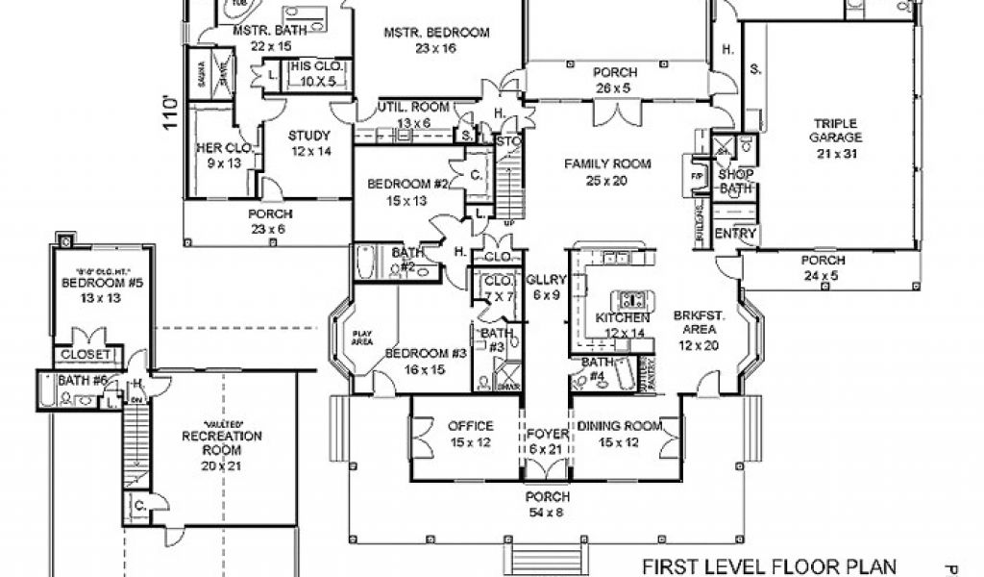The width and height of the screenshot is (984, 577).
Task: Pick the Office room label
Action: (x=470, y=426)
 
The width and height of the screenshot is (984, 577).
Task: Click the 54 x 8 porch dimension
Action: (x=547, y=512)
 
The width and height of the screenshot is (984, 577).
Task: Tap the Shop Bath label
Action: (x=736, y=182)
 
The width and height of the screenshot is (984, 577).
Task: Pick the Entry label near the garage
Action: (x=737, y=234)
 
